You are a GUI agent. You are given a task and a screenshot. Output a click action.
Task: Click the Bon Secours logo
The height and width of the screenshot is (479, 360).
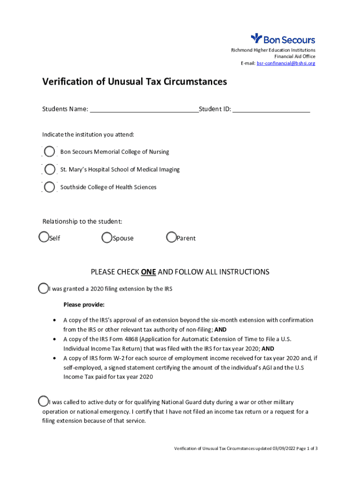[x=283, y=39]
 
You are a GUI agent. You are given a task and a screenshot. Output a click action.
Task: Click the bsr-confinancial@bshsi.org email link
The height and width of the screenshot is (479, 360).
[x=286, y=63]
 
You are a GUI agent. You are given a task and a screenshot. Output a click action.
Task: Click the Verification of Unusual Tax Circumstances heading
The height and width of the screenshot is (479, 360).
[x=135, y=82]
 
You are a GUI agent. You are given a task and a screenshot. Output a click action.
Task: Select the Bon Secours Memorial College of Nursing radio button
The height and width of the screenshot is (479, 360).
[x=50, y=152]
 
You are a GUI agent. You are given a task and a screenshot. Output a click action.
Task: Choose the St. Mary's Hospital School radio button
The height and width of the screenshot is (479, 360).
[x=50, y=169]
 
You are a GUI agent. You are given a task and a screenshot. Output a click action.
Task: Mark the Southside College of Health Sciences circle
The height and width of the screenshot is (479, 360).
[x=50, y=187]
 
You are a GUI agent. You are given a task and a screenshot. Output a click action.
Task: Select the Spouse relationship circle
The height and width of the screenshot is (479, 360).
[x=107, y=238]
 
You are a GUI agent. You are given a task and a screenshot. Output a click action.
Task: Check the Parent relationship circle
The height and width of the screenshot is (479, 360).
[x=172, y=238]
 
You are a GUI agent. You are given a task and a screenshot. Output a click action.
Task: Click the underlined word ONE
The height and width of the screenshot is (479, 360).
[x=148, y=272]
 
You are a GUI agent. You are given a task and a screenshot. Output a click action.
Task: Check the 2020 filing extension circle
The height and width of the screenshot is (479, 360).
[x=43, y=289]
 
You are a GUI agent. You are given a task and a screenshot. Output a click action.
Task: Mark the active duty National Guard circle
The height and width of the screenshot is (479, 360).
[x=43, y=401]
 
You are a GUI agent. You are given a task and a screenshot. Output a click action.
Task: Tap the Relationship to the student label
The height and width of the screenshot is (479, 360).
[x=82, y=221]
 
